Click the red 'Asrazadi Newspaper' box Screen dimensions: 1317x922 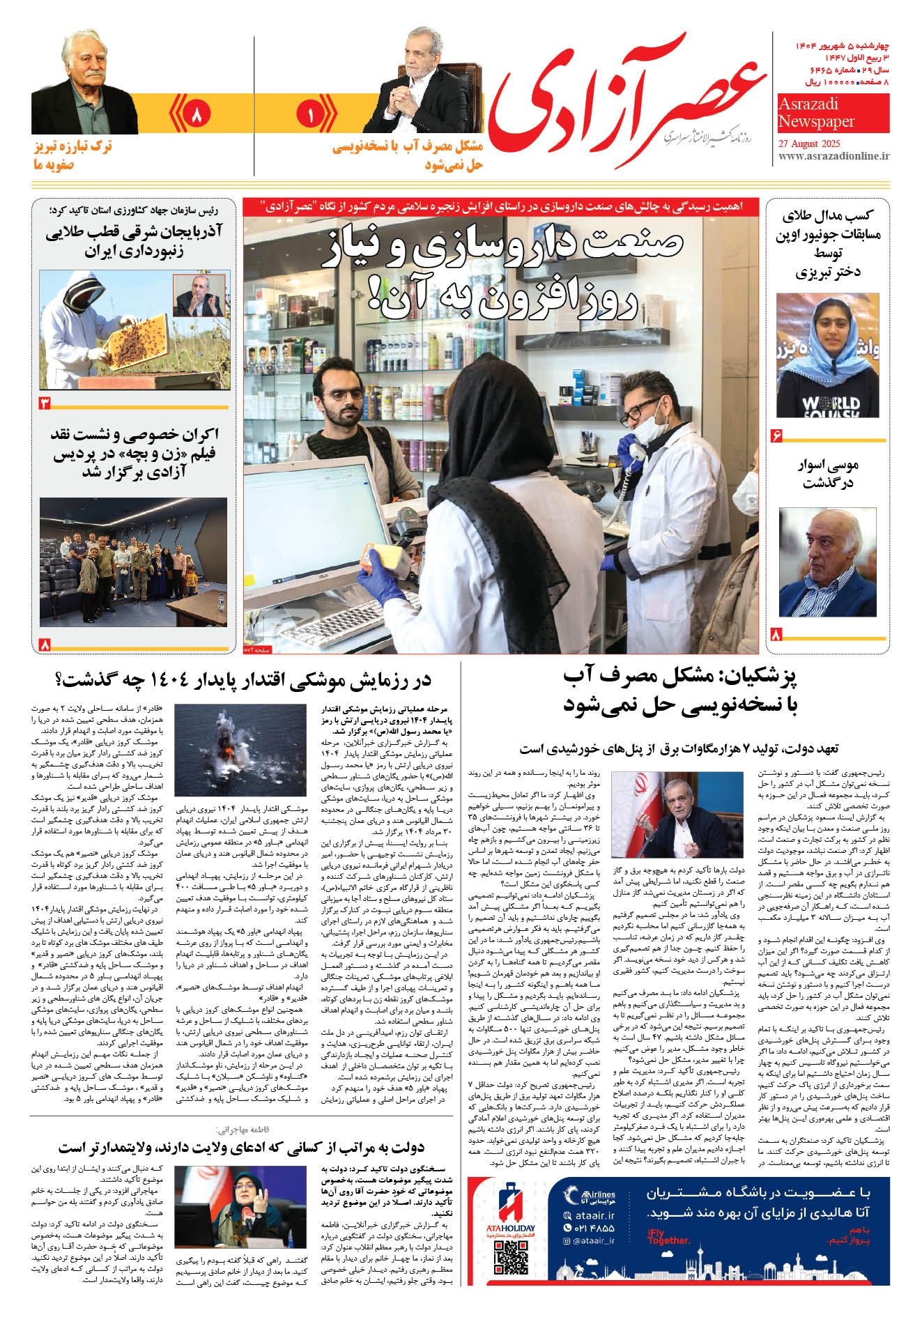833,113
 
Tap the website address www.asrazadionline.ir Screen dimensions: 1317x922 833,156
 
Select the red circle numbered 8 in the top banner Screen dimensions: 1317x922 196,114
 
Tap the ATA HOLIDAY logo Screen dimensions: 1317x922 511,1209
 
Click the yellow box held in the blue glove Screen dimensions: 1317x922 387,557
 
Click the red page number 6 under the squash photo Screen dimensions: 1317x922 777,436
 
